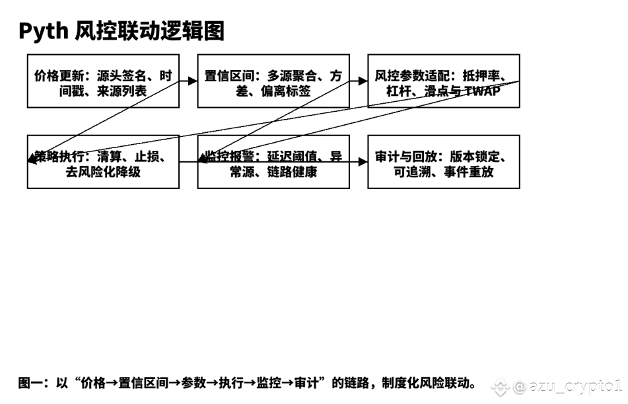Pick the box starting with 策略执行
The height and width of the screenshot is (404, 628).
[103, 162]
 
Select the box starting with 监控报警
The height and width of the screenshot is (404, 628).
[273, 162]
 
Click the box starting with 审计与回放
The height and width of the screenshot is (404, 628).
[444, 162]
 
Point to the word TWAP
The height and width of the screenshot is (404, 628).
[483, 91]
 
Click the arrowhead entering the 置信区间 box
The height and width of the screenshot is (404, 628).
[193, 81]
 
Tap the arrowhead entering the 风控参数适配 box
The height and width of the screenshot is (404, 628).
[363, 81]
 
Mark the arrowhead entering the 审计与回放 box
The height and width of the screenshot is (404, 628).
[363, 161]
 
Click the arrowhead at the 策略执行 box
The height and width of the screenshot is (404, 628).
[32, 159]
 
